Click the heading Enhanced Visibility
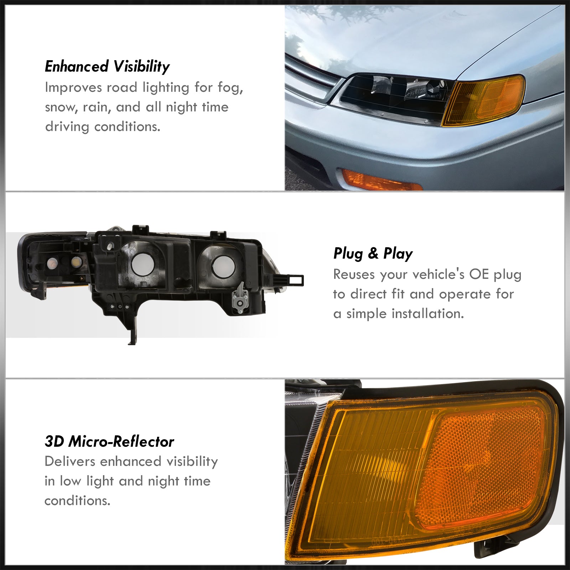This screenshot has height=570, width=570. pos(107,67)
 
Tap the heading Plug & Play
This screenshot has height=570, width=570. pos(373,254)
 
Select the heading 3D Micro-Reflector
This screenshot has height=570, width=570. pos(109,442)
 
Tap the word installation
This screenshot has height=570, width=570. pos(427,314)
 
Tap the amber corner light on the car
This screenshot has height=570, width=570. pos(483,100)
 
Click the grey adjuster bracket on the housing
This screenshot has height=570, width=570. pos(239,295)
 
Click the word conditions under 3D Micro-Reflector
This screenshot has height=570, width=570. pos(77,501)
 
